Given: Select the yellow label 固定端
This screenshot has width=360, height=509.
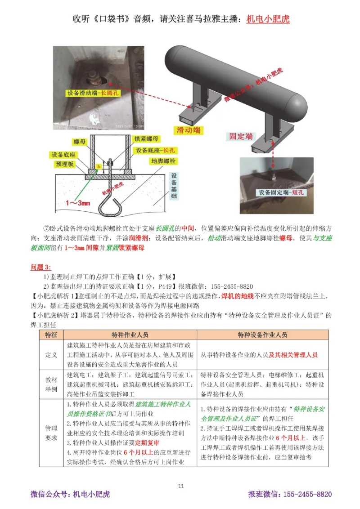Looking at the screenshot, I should (241, 136).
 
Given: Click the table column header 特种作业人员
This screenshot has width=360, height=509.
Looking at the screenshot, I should (130, 335).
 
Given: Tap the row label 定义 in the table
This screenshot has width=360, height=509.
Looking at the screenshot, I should (51, 355).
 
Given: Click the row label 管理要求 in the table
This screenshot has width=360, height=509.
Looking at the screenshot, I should (51, 432).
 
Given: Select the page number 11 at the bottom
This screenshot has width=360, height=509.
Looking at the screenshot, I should (181, 486).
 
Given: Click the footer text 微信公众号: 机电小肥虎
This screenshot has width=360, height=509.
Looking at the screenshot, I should (70, 495).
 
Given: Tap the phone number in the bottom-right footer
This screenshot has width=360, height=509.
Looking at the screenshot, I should (306, 495).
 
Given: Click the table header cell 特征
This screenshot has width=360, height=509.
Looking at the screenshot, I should (51, 335).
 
